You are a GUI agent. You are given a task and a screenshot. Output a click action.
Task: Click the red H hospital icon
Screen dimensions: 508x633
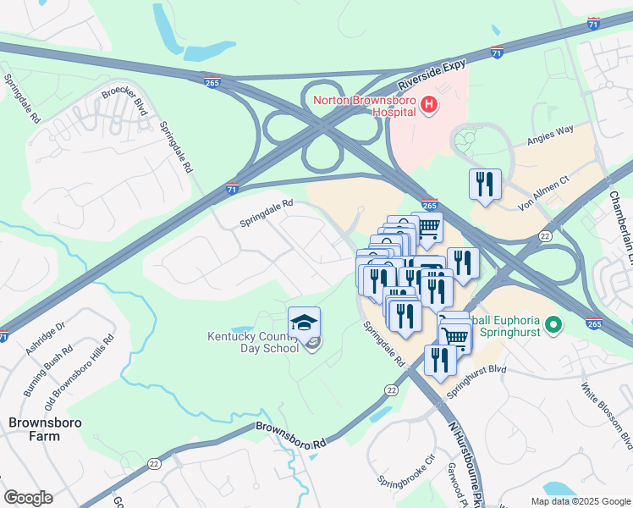point(429,105)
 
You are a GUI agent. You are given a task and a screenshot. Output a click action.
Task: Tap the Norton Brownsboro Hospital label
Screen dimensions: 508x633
point(365,107)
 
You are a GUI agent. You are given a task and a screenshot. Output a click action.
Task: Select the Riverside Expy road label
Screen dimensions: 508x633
point(431,81)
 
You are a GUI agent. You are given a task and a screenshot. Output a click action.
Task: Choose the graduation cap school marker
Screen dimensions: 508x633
point(304,323)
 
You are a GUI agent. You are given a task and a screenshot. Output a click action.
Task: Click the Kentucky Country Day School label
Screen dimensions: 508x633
point(254,342)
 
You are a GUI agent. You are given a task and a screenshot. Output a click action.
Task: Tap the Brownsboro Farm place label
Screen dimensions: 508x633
point(36,428)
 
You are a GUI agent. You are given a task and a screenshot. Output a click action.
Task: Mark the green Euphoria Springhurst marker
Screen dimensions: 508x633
point(553,324)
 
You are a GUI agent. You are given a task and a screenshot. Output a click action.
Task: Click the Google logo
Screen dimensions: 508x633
point(28,498)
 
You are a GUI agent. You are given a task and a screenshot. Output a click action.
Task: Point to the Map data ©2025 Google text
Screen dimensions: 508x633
point(580,501)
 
